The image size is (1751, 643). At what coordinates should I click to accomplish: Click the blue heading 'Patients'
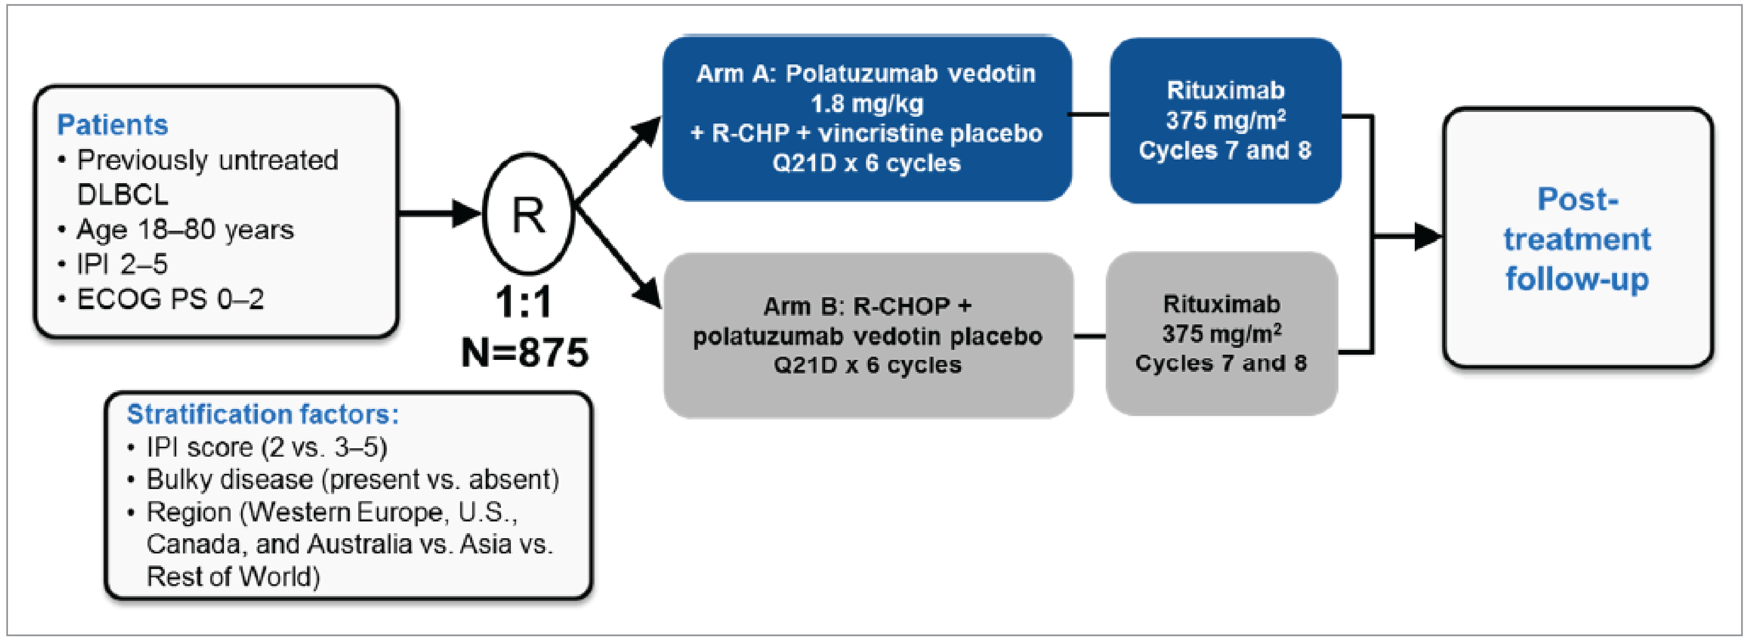coord(112,125)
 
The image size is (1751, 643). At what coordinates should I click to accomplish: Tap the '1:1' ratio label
coord(523,302)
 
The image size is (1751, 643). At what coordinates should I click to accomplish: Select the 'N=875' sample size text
coord(525,352)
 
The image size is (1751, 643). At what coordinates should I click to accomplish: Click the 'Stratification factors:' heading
coord(263,414)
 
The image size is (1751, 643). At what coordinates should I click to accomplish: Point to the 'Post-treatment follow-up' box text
coord(1577,239)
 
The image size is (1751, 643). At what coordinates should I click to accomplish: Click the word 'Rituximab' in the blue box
coord(1226,90)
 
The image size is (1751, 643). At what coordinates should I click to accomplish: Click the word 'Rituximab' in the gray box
coord(1221,304)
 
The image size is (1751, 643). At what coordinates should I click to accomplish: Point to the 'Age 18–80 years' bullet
coord(185,230)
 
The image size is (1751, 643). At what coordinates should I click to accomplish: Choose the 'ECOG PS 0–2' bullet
coord(170,299)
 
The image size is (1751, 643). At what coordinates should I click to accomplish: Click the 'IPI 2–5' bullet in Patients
coord(122,264)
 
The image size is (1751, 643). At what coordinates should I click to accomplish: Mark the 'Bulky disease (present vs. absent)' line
coord(352,480)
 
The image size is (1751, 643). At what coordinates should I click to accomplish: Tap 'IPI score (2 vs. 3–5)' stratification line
coord(267,447)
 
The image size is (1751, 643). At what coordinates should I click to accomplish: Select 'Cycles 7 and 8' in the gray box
coord(1221,363)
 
